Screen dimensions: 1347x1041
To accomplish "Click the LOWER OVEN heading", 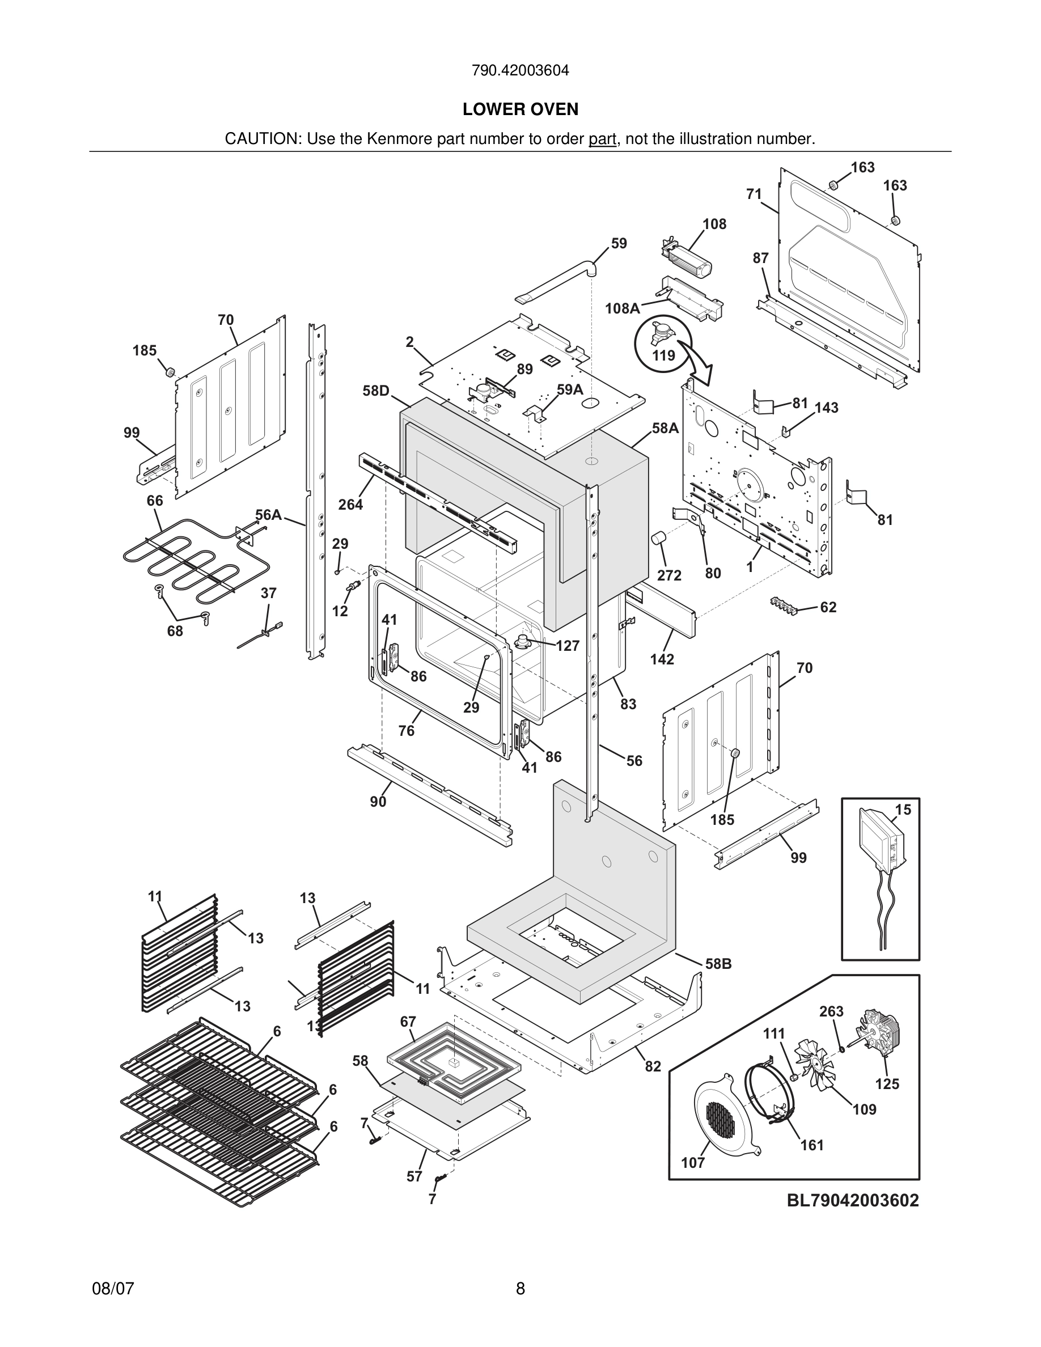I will click(520, 109).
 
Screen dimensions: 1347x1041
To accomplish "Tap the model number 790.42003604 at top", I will click(520, 70).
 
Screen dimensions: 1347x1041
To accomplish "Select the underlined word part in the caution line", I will click(602, 139).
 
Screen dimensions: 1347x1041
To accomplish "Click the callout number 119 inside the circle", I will click(663, 355).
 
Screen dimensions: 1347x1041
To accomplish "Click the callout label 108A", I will click(621, 308).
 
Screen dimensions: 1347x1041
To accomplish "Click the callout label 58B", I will click(718, 963).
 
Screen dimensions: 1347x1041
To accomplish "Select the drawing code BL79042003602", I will click(852, 1200).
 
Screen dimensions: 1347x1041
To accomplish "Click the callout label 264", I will click(350, 505).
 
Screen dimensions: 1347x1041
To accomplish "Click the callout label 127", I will click(568, 645).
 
